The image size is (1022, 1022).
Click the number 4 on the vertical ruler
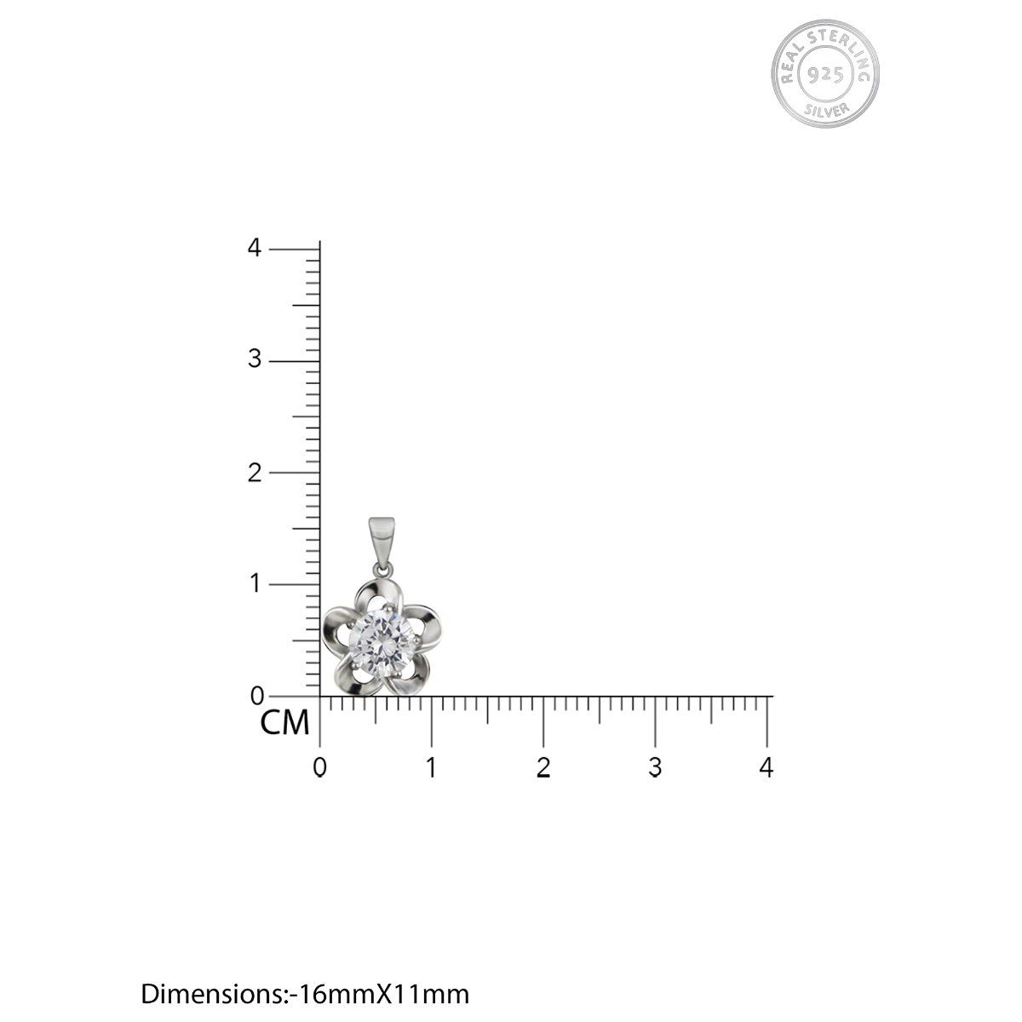click(x=255, y=248)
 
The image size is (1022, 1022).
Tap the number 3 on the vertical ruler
click(x=255, y=359)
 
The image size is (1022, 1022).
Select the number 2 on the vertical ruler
click(x=255, y=473)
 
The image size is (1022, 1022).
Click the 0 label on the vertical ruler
click(x=256, y=696)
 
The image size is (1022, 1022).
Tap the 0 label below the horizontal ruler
click(x=319, y=767)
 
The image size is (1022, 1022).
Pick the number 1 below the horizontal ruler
click(x=432, y=767)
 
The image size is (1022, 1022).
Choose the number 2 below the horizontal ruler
click(x=543, y=767)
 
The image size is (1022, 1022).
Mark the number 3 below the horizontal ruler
click(x=655, y=767)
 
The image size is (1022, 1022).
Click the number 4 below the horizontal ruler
click(x=766, y=767)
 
